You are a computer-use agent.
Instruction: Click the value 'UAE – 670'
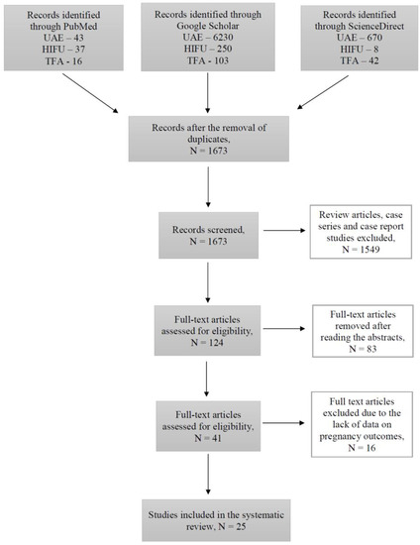355,52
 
